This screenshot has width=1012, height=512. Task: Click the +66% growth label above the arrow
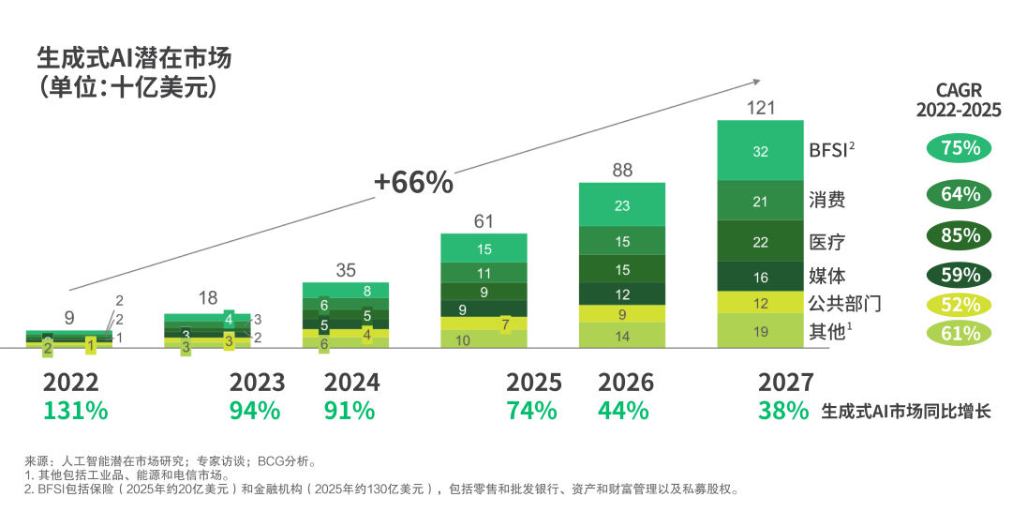[413, 183]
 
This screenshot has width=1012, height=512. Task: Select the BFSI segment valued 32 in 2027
[760, 150]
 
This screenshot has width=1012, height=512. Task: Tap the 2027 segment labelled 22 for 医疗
[760, 241]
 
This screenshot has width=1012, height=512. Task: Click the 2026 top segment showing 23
[622, 205]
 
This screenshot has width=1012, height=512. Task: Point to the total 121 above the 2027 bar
[760, 108]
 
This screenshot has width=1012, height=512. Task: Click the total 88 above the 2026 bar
[622, 171]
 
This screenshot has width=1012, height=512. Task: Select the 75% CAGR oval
[960, 148]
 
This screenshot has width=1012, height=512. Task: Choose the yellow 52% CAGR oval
[960, 304]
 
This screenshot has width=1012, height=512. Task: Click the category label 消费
[826, 200]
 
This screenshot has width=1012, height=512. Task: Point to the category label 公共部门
[844, 304]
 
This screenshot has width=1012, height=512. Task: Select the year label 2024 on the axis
[351, 383]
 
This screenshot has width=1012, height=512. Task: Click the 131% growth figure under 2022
[75, 411]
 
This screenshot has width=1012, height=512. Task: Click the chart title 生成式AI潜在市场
[134, 58]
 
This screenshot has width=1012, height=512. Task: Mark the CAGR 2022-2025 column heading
[959, 100]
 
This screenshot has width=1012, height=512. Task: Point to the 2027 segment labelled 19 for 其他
[760, 331]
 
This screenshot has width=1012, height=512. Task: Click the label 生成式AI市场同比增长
[905, 411]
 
